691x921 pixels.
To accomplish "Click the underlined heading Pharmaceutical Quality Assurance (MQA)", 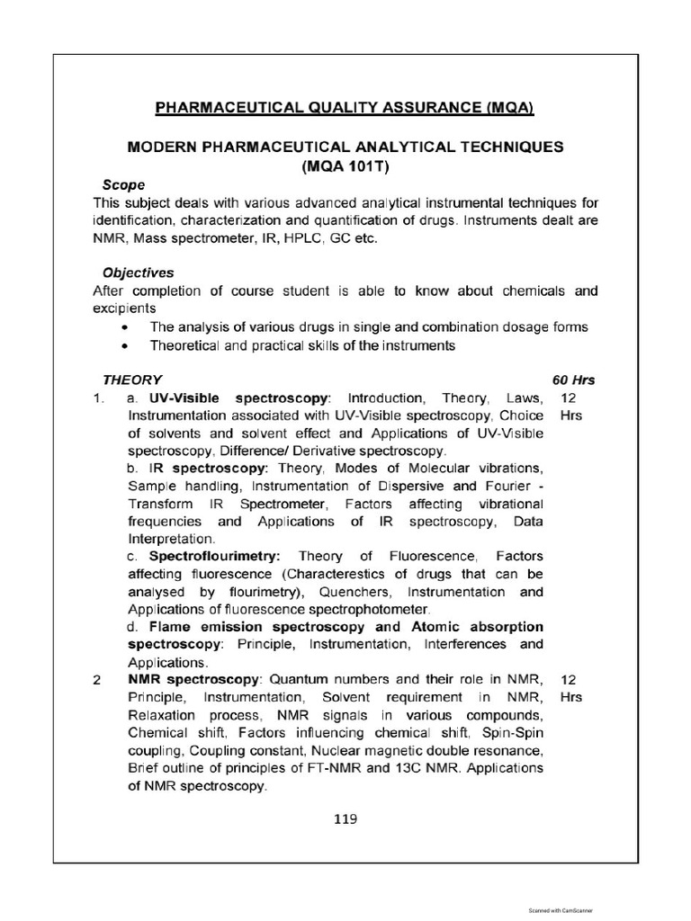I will [345, 109].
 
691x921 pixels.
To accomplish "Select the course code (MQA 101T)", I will [345, 165].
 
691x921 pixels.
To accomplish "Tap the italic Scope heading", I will [123, 184].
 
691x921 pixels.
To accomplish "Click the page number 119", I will [345, 818].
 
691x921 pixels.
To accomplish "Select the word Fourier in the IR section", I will [509, 486].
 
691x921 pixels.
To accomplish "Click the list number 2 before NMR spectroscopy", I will [96, 680].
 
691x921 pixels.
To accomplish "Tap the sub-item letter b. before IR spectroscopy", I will [132, 469].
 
